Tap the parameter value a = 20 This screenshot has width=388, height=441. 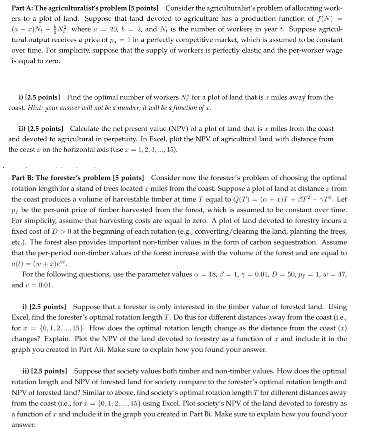[x=106, y=29]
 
